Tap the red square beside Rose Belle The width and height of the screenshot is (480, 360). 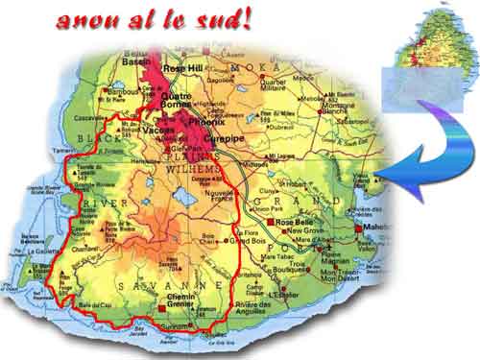272,223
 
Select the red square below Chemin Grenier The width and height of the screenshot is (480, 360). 160,308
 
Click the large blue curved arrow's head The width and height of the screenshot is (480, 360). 392,174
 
